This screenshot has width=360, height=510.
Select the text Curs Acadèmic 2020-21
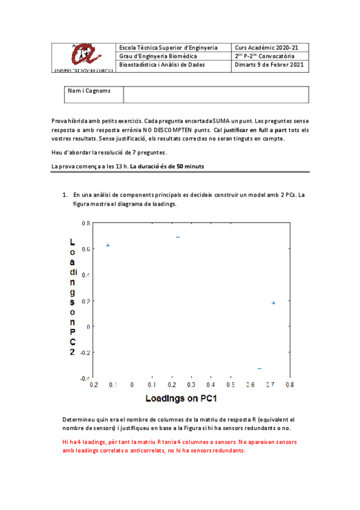point(265,47)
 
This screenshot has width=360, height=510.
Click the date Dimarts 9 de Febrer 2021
point(269,64)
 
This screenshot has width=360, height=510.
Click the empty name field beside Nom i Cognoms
point(215,94)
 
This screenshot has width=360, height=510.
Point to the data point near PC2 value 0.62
point(108,245)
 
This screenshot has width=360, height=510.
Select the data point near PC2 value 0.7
point(178,237)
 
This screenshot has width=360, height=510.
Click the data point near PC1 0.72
point(273,303)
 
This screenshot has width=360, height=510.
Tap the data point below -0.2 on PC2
point(260,368)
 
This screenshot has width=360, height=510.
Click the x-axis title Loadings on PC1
point(180,398)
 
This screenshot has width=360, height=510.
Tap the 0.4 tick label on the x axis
point(210,384)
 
